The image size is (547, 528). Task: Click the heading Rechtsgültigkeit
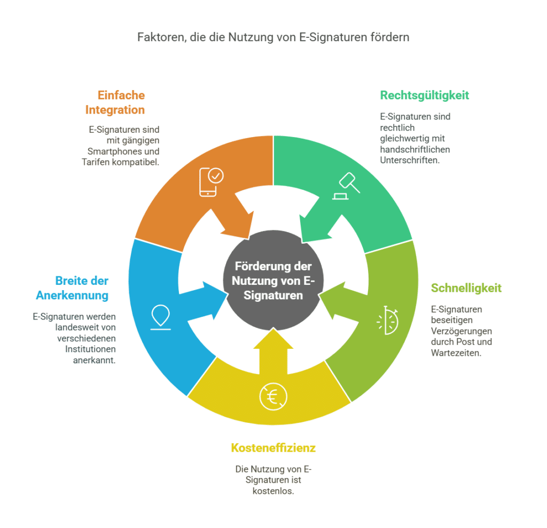click(424, 95)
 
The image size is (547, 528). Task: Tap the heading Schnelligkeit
click(466, 288)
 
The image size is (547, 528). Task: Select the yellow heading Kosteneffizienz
click(273, 447)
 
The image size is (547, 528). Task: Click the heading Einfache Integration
click(121, 102)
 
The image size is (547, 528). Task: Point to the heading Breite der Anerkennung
click(72, 288)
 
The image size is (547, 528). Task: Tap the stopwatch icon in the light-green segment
click(388, 319)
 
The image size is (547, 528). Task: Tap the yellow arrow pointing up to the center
click(273, 352)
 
